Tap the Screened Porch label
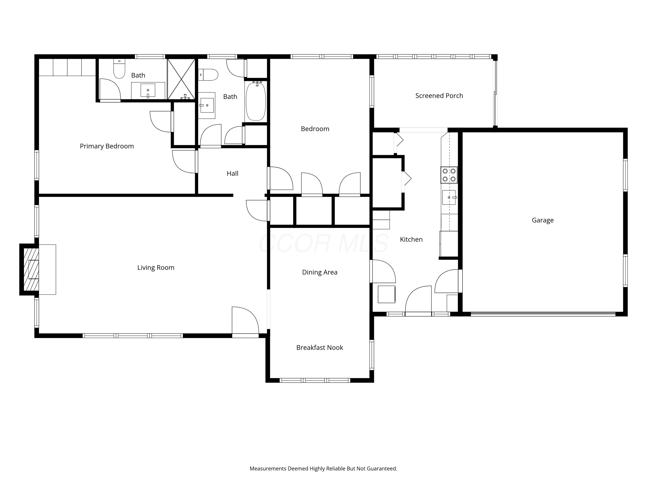click(x=439, y=95)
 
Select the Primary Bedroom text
click(x=107, y=146)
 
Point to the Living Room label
click(x=156, y=268)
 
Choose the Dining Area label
click(x=320, y=272)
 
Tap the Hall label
click(x=232, y=173)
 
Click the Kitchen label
click(x=411, y=239)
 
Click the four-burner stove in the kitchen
click(x=449, y=175)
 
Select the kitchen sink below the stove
click(x=449, y=197)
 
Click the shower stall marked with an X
click(x=181, y=79)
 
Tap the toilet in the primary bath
click(x=119, y=69)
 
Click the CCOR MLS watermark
click(x=323, y=243)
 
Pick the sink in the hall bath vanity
click(x=207, y=105)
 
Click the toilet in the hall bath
click(x=208, y=75)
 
